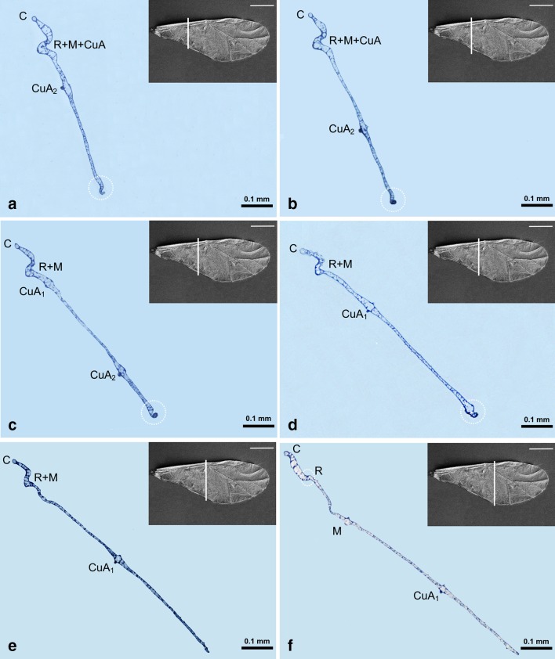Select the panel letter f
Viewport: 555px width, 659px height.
(290, 646)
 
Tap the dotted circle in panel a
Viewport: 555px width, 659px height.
(100, 187)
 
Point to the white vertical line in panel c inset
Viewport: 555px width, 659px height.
(198, 252)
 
